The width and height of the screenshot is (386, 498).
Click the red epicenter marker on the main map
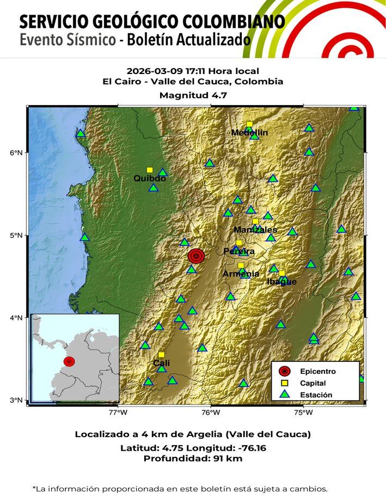click(196, 256)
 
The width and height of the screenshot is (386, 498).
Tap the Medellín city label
click(249, 133)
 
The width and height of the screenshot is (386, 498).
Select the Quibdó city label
click(150, 179)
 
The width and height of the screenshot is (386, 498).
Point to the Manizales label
click(255, 230)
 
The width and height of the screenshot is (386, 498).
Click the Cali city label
click(161, 363)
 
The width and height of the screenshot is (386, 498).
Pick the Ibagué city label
click(282, 281)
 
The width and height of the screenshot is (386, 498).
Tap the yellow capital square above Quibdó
click(150, 170)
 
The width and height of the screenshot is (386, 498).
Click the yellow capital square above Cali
click(161, 354)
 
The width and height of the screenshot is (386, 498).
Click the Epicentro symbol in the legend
click(284, 371)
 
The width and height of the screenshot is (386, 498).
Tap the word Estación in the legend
click(316, 395)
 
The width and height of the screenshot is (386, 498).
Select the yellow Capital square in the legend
click(284, 383)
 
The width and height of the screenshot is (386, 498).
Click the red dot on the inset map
click(69, 361)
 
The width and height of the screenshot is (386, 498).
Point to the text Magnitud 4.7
click(193, 95)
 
